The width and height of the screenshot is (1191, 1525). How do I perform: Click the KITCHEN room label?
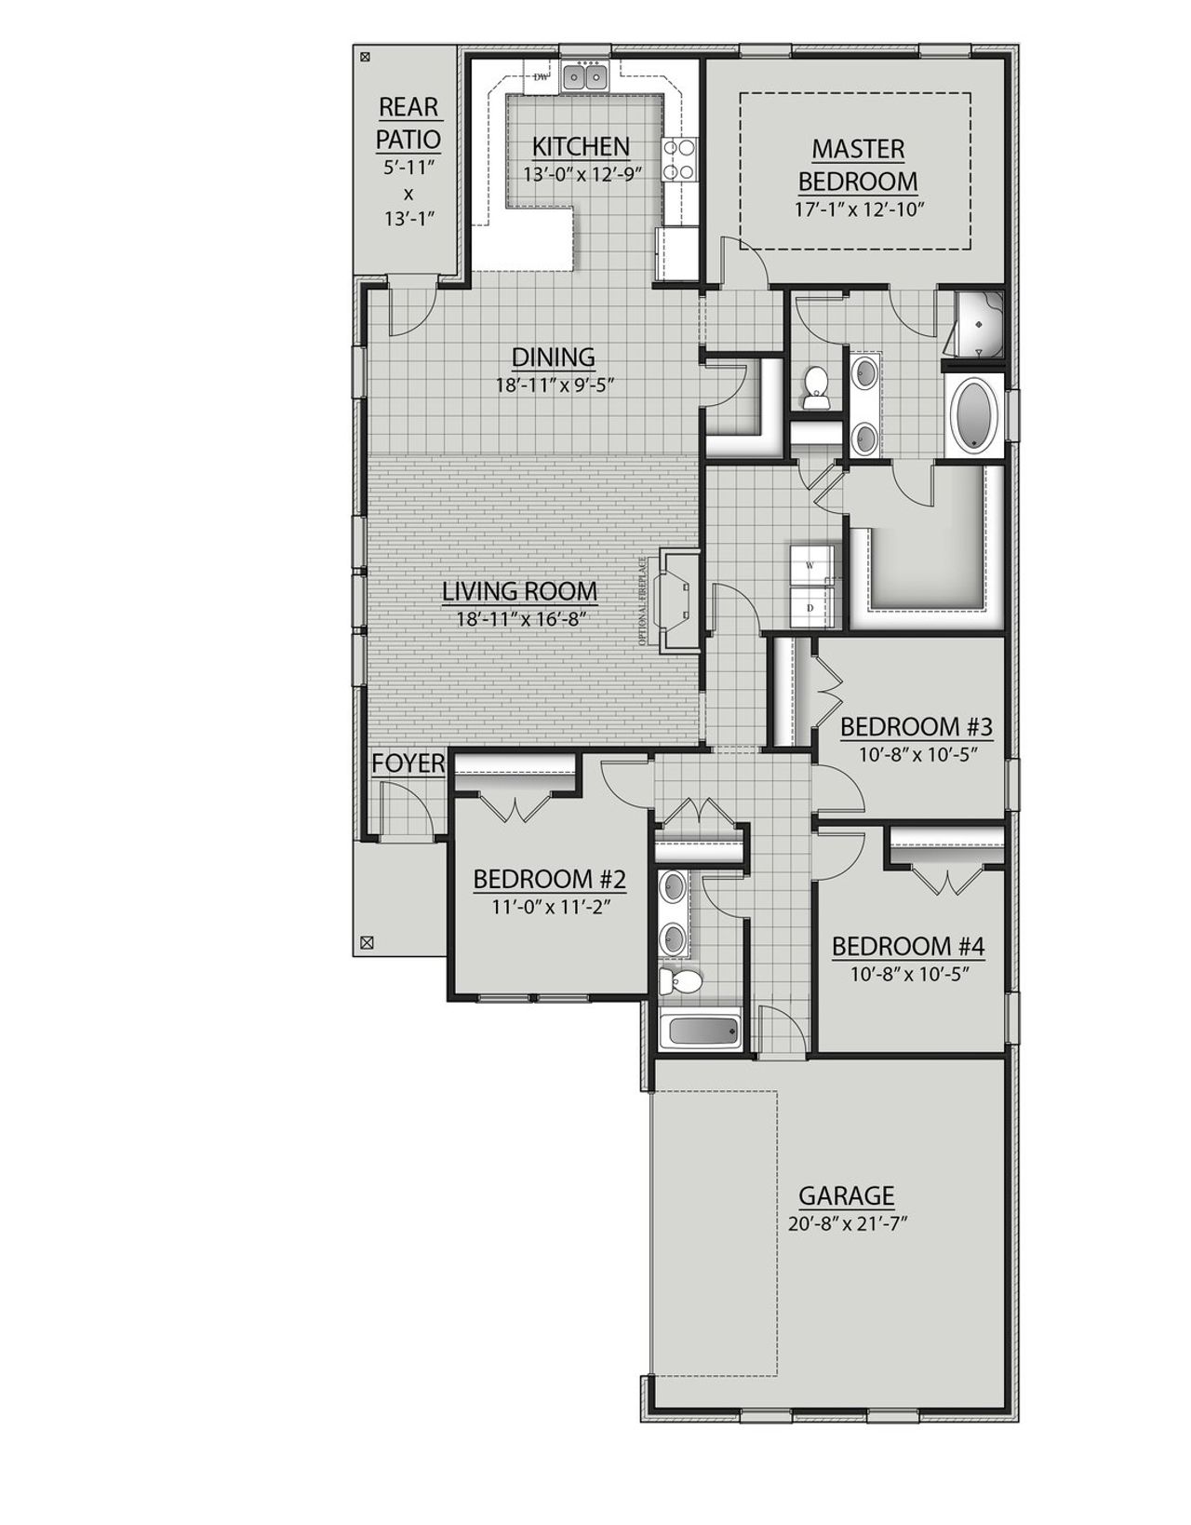click(x=581, y=146)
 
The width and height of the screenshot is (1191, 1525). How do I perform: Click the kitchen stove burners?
click(x=678, y=159)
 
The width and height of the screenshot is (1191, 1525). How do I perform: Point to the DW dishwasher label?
click(x=540, y=77)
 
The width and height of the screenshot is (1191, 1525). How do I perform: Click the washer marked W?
click(x=810, y=565)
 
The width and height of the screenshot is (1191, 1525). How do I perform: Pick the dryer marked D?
click(x=810, y=607)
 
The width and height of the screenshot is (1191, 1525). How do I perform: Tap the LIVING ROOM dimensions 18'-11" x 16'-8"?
click(x=519, y=617)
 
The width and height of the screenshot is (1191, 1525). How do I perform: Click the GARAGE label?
click(x=847, y=1194)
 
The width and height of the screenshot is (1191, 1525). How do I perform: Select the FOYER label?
click(x=408, y=763)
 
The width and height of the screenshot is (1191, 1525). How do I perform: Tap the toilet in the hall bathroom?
click(x=683, y=980)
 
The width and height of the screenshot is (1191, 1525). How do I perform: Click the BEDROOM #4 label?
click(x=907, y=947)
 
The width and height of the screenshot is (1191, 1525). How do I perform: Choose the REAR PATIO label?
click(x=408, y=123)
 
